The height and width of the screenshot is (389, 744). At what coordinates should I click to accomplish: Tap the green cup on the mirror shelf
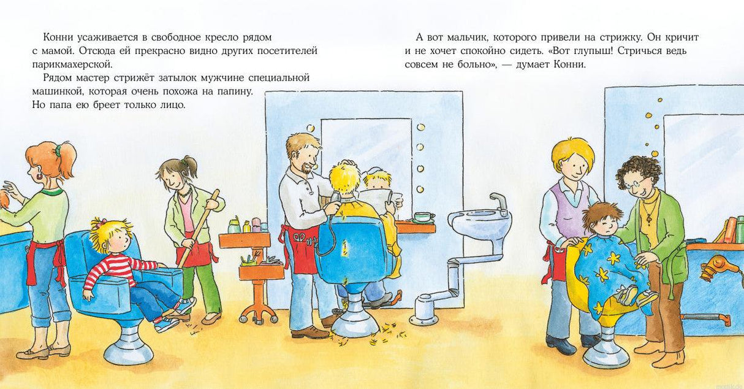(422, 217)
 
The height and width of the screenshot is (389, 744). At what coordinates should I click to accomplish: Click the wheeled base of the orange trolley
(258, 313)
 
